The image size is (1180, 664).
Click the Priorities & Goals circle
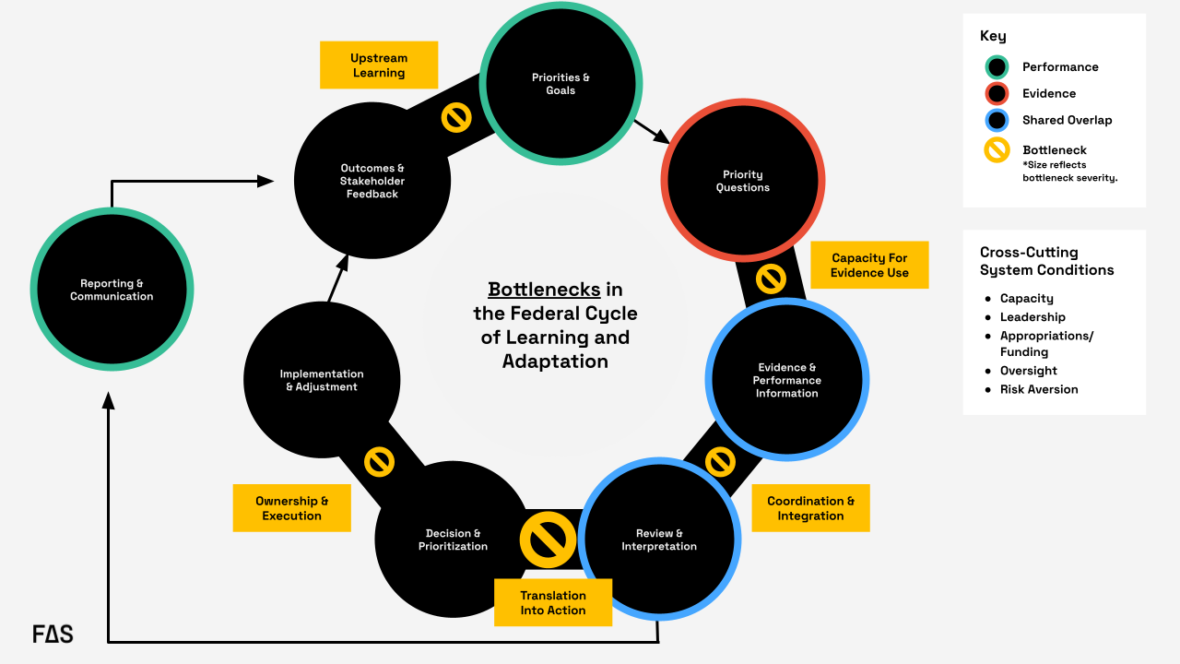tap(560, 84)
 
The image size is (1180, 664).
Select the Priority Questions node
tap(743, 181)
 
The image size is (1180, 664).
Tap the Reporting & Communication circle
tap(112, 290)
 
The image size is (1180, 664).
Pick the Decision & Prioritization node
tap(453, 539)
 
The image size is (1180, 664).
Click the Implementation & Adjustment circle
tap(322, 380)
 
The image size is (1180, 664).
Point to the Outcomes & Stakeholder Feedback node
tap(372, 181)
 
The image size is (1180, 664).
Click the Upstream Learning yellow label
tap(379, 65)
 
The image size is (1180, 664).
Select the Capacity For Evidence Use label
tap(869, 266)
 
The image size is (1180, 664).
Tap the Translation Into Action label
tap(553, 603)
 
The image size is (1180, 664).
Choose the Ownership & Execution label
tap(291, 508)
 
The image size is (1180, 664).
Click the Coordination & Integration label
tap(810, 508)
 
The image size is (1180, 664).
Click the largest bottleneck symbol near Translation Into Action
tap(548, 540)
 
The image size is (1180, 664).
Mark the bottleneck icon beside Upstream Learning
tap(456, 117)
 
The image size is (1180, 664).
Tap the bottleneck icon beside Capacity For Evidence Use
tap(771, 279)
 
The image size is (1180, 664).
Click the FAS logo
tap(53, 634)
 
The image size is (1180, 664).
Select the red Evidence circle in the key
tap(997, 93)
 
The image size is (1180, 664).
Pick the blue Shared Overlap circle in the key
tap(997, 120)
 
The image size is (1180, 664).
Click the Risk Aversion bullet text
tap(1039, 389)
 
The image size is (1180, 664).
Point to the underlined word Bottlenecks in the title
tap(544, 290)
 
